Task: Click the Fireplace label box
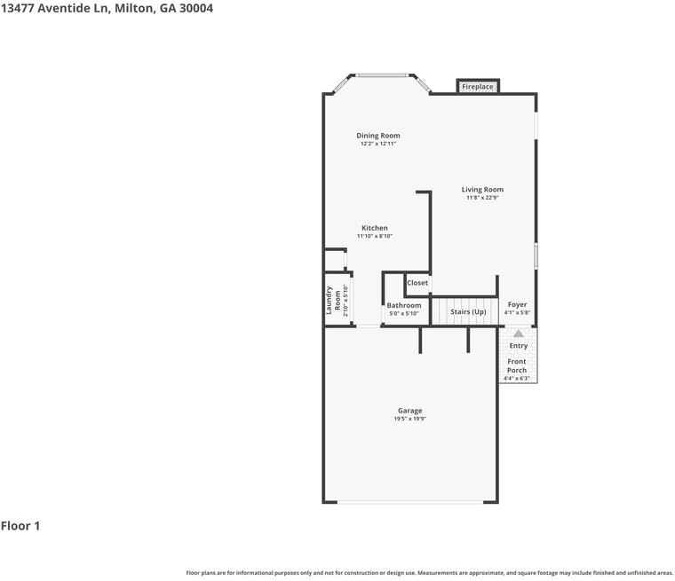(x=477, y=87)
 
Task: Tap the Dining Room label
(x=378, y=136)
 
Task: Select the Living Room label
(x=482, y=189)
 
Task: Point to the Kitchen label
(x=374, y=228)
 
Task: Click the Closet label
(x=417, y=283)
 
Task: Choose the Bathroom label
(x=404, y=305)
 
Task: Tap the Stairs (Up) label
(x=468, y=311)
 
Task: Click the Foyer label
(x=517, y=304)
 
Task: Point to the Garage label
(x=409, y=411)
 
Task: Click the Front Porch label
(x=517, y=365)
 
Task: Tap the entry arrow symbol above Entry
(x=518, y=334)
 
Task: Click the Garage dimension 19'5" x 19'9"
(x=409, y=419)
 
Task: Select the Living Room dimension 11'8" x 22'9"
(x=482, y=198)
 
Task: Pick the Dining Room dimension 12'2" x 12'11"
(x=378, y=144)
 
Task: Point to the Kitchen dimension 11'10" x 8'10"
(x=374, y=236)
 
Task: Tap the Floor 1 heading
(x=20, y=526)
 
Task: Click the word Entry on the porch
(x=518, y=346)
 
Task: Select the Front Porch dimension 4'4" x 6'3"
(x=517, y=379)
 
